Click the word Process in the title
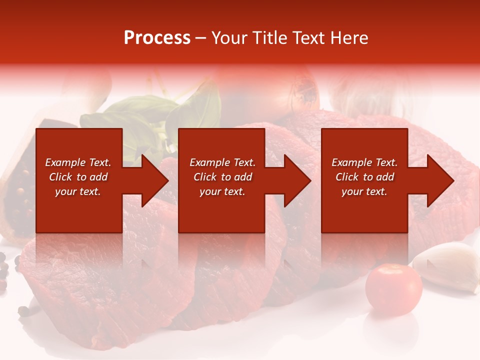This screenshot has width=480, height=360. click(x=157, y=38)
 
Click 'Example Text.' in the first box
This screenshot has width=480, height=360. click(x=78, y=162)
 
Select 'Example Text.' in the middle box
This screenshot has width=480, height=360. click(x=222, y=162)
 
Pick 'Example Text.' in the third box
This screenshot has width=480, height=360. click(x=364, y=162)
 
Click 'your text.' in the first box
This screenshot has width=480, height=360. click(x=78, y=191)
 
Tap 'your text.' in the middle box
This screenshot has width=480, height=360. click(x=222, y=191)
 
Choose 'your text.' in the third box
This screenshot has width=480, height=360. click(x=364, y=191)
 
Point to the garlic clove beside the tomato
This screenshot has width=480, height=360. click(x=447, y=265)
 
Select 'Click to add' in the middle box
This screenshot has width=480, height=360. click(x=222, y=177)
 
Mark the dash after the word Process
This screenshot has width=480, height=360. click(x=200, y=38)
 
